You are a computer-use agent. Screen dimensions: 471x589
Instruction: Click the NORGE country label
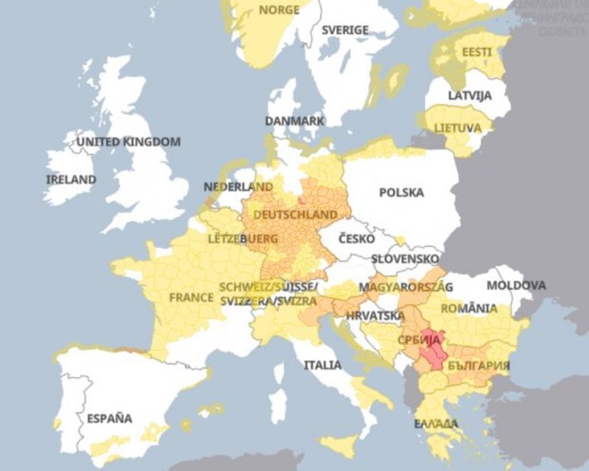point(278,10)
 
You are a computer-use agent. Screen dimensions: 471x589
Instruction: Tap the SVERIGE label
point(345,30)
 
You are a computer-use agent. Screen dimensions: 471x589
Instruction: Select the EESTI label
point(477,52)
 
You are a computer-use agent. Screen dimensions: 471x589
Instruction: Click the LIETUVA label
point(457,128)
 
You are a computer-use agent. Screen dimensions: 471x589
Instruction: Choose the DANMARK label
point(294,121)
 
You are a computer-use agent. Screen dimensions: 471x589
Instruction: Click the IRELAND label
point(71,179)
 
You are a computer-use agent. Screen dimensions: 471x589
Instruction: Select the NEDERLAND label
point(238,187)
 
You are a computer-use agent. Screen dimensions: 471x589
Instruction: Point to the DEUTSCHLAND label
point(295,214)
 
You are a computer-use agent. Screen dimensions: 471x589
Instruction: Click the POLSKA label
point(401,193)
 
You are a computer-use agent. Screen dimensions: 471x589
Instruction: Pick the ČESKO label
point(356,238)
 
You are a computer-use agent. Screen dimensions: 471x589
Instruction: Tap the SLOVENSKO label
point(404,259)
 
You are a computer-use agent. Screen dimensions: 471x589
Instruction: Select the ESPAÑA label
point(109,419)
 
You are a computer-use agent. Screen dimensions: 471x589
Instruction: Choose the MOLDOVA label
point(516,285)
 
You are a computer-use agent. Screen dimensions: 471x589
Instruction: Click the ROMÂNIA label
point(469,308)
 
